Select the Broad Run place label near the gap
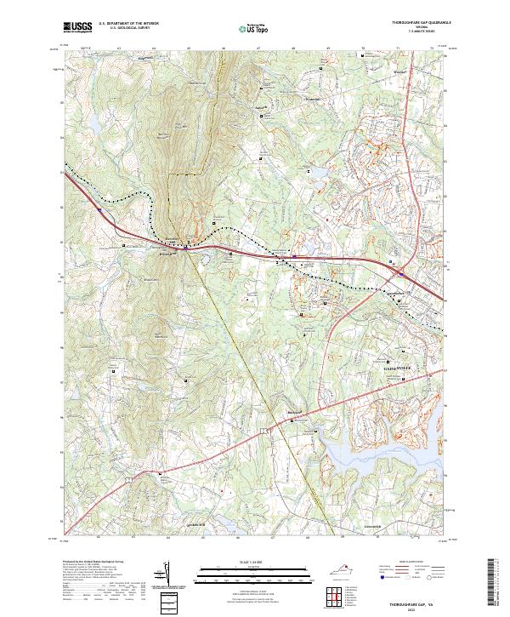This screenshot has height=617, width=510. click(167, 252)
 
